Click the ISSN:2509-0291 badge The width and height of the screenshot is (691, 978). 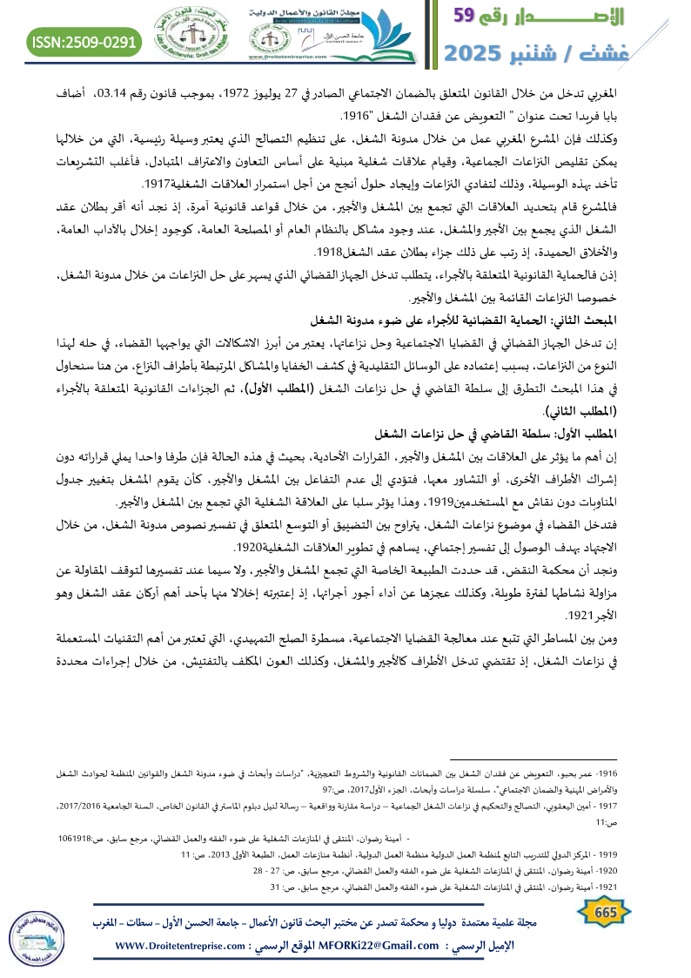[84, 41]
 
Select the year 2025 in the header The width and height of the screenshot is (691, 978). [479, 54]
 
